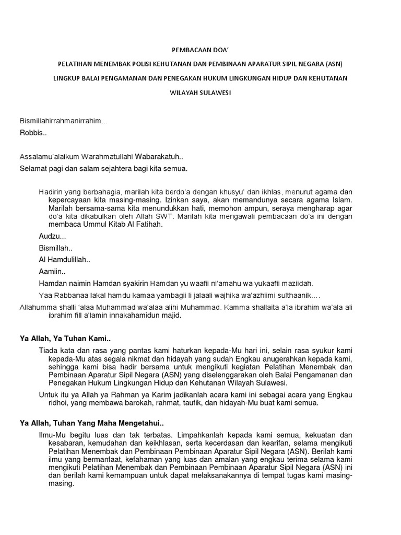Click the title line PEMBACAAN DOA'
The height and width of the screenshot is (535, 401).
coord(200,50)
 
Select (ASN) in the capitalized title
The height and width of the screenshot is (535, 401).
coord(333,64)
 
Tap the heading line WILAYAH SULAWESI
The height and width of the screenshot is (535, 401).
coord(200,92)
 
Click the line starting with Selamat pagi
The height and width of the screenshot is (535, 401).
coord(103,169)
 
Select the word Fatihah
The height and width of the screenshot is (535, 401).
coord(150,224)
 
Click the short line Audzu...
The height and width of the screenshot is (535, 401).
coord(52,237)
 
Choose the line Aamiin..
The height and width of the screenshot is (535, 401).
coord(52,272)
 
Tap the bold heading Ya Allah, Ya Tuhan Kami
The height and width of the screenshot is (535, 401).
coord(65,340)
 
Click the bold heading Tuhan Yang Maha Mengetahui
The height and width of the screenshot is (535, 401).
coord(107,422)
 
